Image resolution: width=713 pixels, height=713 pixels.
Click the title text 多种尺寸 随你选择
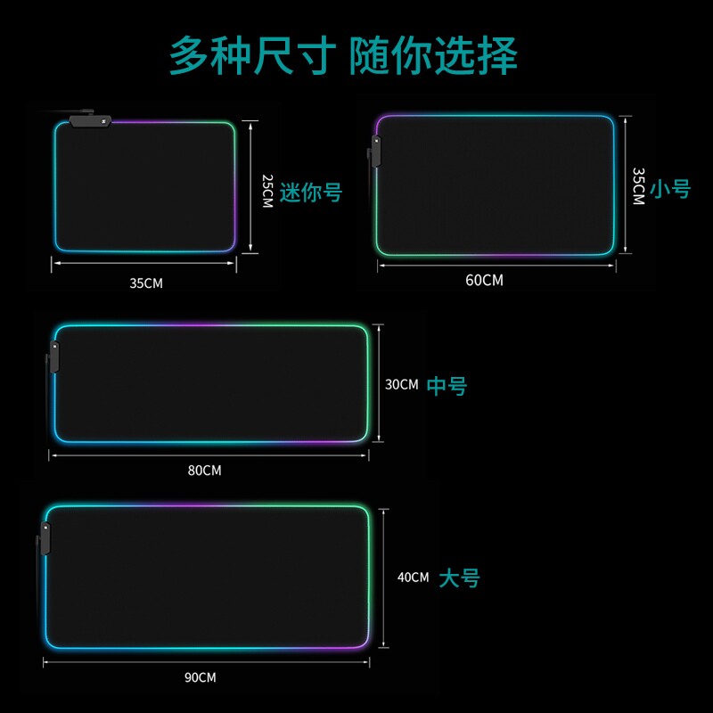click(343, 55)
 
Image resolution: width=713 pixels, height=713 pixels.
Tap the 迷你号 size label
click(311, 192)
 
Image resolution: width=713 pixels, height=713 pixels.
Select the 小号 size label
click(670, 189)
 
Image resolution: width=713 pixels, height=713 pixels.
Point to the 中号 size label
click(447, 386)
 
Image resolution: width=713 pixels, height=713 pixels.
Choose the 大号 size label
click(459, 578)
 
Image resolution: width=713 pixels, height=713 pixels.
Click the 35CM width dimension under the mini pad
click(146, 283)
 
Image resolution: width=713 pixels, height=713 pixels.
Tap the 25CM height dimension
click(266, 191)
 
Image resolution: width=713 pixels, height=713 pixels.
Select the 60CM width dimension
click(484, 280)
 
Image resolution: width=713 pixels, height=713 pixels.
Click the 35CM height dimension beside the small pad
click(637, 186)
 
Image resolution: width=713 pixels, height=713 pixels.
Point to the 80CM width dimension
click(204, 470)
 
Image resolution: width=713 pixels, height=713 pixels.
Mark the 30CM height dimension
click(401, 385)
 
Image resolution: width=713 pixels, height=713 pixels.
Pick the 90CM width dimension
click(201, 677)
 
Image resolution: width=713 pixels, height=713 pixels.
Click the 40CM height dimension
click(413, 578)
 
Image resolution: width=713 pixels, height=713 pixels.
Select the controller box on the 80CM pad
click(53, 358)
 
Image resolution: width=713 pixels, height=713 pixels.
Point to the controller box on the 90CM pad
click(45, 537)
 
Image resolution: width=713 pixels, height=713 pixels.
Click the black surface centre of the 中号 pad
click(211, 384)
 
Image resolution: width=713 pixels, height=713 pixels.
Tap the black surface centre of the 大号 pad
click(207, 577)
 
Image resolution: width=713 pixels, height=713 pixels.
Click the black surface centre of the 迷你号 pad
click(145, 187)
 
